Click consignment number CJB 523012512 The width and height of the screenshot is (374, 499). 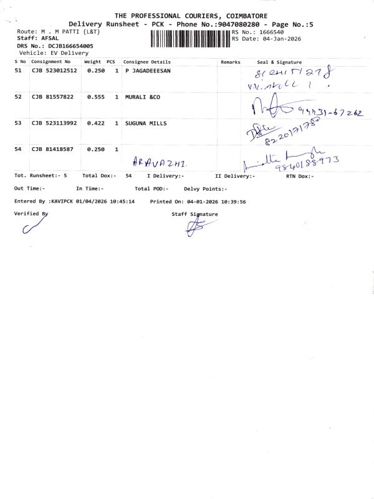[x=54, y=71]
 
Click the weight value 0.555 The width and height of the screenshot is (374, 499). [x=95, y=97]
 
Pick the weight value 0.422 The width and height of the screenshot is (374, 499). [x=95, y=124]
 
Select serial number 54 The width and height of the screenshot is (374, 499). [x=18, y=150]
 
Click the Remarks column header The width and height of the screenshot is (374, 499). [x=230, y=62]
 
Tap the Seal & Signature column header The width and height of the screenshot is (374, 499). [x=279, y=62]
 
